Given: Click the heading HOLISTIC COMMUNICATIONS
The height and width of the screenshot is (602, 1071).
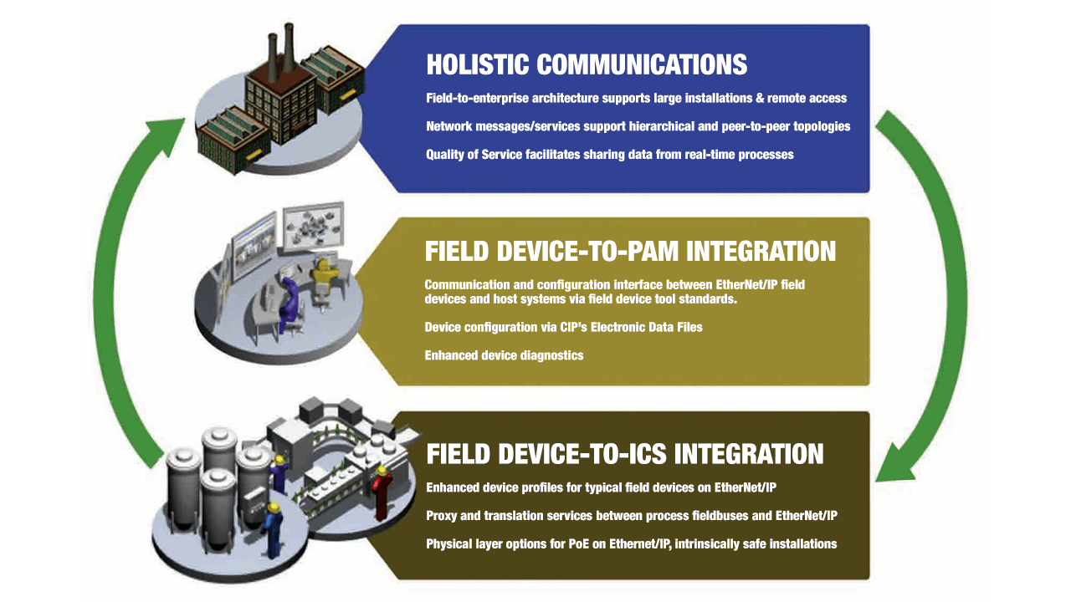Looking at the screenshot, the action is click(587, 64).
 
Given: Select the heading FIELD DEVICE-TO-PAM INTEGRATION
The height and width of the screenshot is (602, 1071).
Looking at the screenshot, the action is click(630, 252).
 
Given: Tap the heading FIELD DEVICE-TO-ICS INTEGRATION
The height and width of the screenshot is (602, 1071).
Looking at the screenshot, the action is click(625, 454).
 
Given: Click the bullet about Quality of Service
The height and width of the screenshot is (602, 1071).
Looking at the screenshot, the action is click(610, 155).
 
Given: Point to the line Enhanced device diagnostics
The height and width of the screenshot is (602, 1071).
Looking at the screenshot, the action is click(504, 355).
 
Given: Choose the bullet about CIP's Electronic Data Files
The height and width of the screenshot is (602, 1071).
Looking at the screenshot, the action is click(563, 327).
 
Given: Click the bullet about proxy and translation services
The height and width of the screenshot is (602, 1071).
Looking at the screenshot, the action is click(632, 516).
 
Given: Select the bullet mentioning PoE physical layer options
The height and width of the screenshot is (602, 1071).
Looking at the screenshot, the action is click(631, 544).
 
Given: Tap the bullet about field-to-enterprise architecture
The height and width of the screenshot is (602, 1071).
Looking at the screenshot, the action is click(637, 98).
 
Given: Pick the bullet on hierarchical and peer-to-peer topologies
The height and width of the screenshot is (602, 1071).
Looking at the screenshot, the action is click(638, 126).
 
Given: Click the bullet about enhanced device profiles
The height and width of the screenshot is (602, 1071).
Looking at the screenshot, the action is click(601, 487).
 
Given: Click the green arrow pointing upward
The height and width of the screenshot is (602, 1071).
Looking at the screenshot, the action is click(109, 287).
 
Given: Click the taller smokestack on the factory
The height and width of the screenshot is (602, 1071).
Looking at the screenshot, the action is click(289, 48).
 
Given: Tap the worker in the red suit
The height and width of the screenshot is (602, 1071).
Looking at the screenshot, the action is click(382, 493).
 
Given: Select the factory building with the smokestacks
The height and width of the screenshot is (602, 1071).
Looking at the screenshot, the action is click(282, 103).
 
